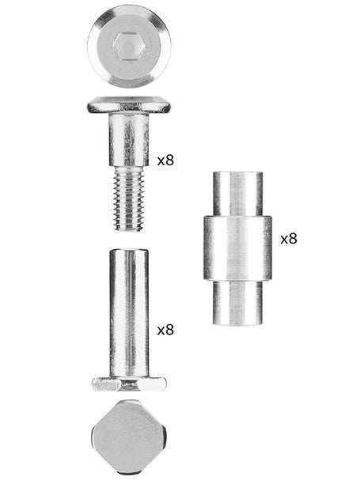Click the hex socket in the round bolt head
(129, 47)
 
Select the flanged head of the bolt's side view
(129, 104)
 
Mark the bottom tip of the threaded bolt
(129, 229)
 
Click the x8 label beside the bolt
(165, 160)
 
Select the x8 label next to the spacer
(289, 237)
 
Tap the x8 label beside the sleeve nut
(165, 330)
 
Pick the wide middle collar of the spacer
(237, 248)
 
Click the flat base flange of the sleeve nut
(129, 384)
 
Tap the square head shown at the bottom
(129, 437)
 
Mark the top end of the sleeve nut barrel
(129, 252)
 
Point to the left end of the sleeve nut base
(94, 384)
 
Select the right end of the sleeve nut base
(165, 384)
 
